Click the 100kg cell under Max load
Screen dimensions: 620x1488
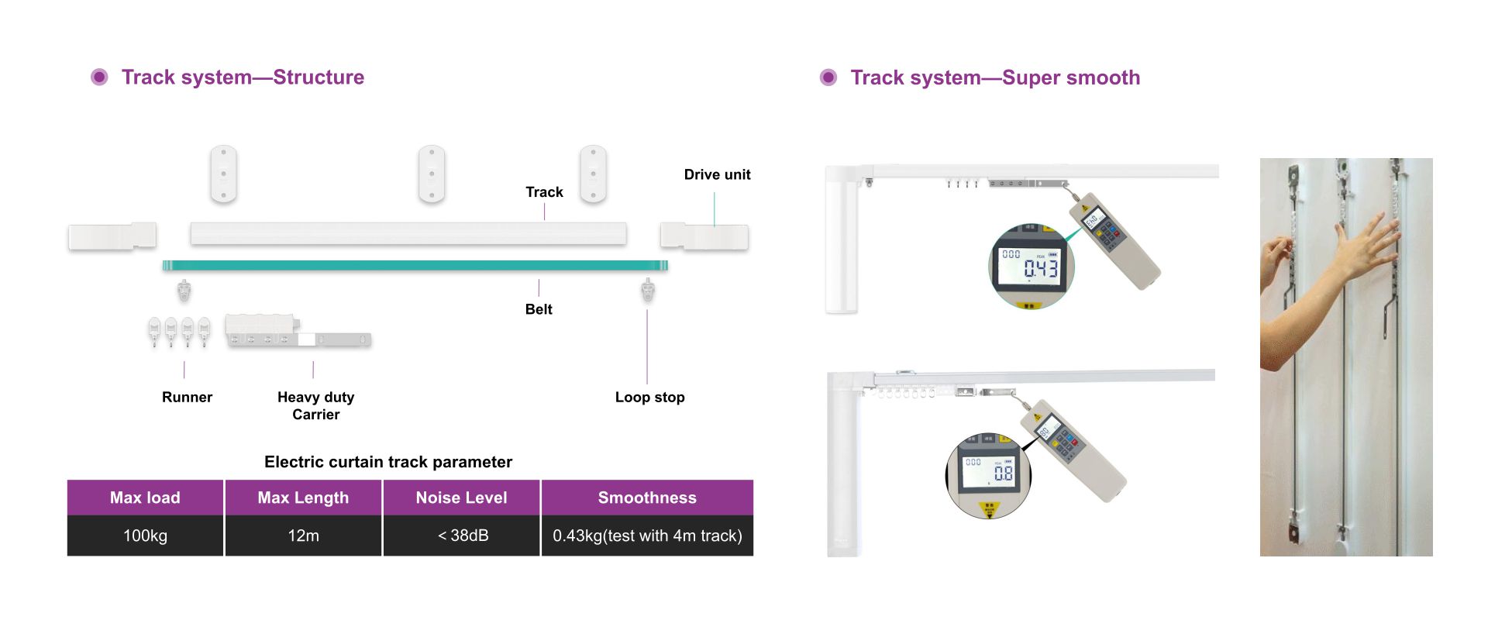145,536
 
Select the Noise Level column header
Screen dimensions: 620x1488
461,498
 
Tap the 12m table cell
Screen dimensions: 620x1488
303,536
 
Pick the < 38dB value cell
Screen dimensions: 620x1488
463,536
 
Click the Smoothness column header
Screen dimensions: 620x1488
647,498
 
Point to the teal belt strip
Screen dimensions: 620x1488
415,265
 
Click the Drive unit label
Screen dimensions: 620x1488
717,174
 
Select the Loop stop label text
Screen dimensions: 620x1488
649,397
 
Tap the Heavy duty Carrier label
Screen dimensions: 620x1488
315,405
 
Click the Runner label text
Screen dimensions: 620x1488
187,397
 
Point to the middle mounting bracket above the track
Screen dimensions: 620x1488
432,174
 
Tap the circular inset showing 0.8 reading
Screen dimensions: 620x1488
988,474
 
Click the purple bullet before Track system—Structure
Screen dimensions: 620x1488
99,77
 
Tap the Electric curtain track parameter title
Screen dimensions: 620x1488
388,462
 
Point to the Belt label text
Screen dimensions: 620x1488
539,309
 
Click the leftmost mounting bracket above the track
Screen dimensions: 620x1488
223,174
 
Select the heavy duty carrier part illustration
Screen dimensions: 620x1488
298,332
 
